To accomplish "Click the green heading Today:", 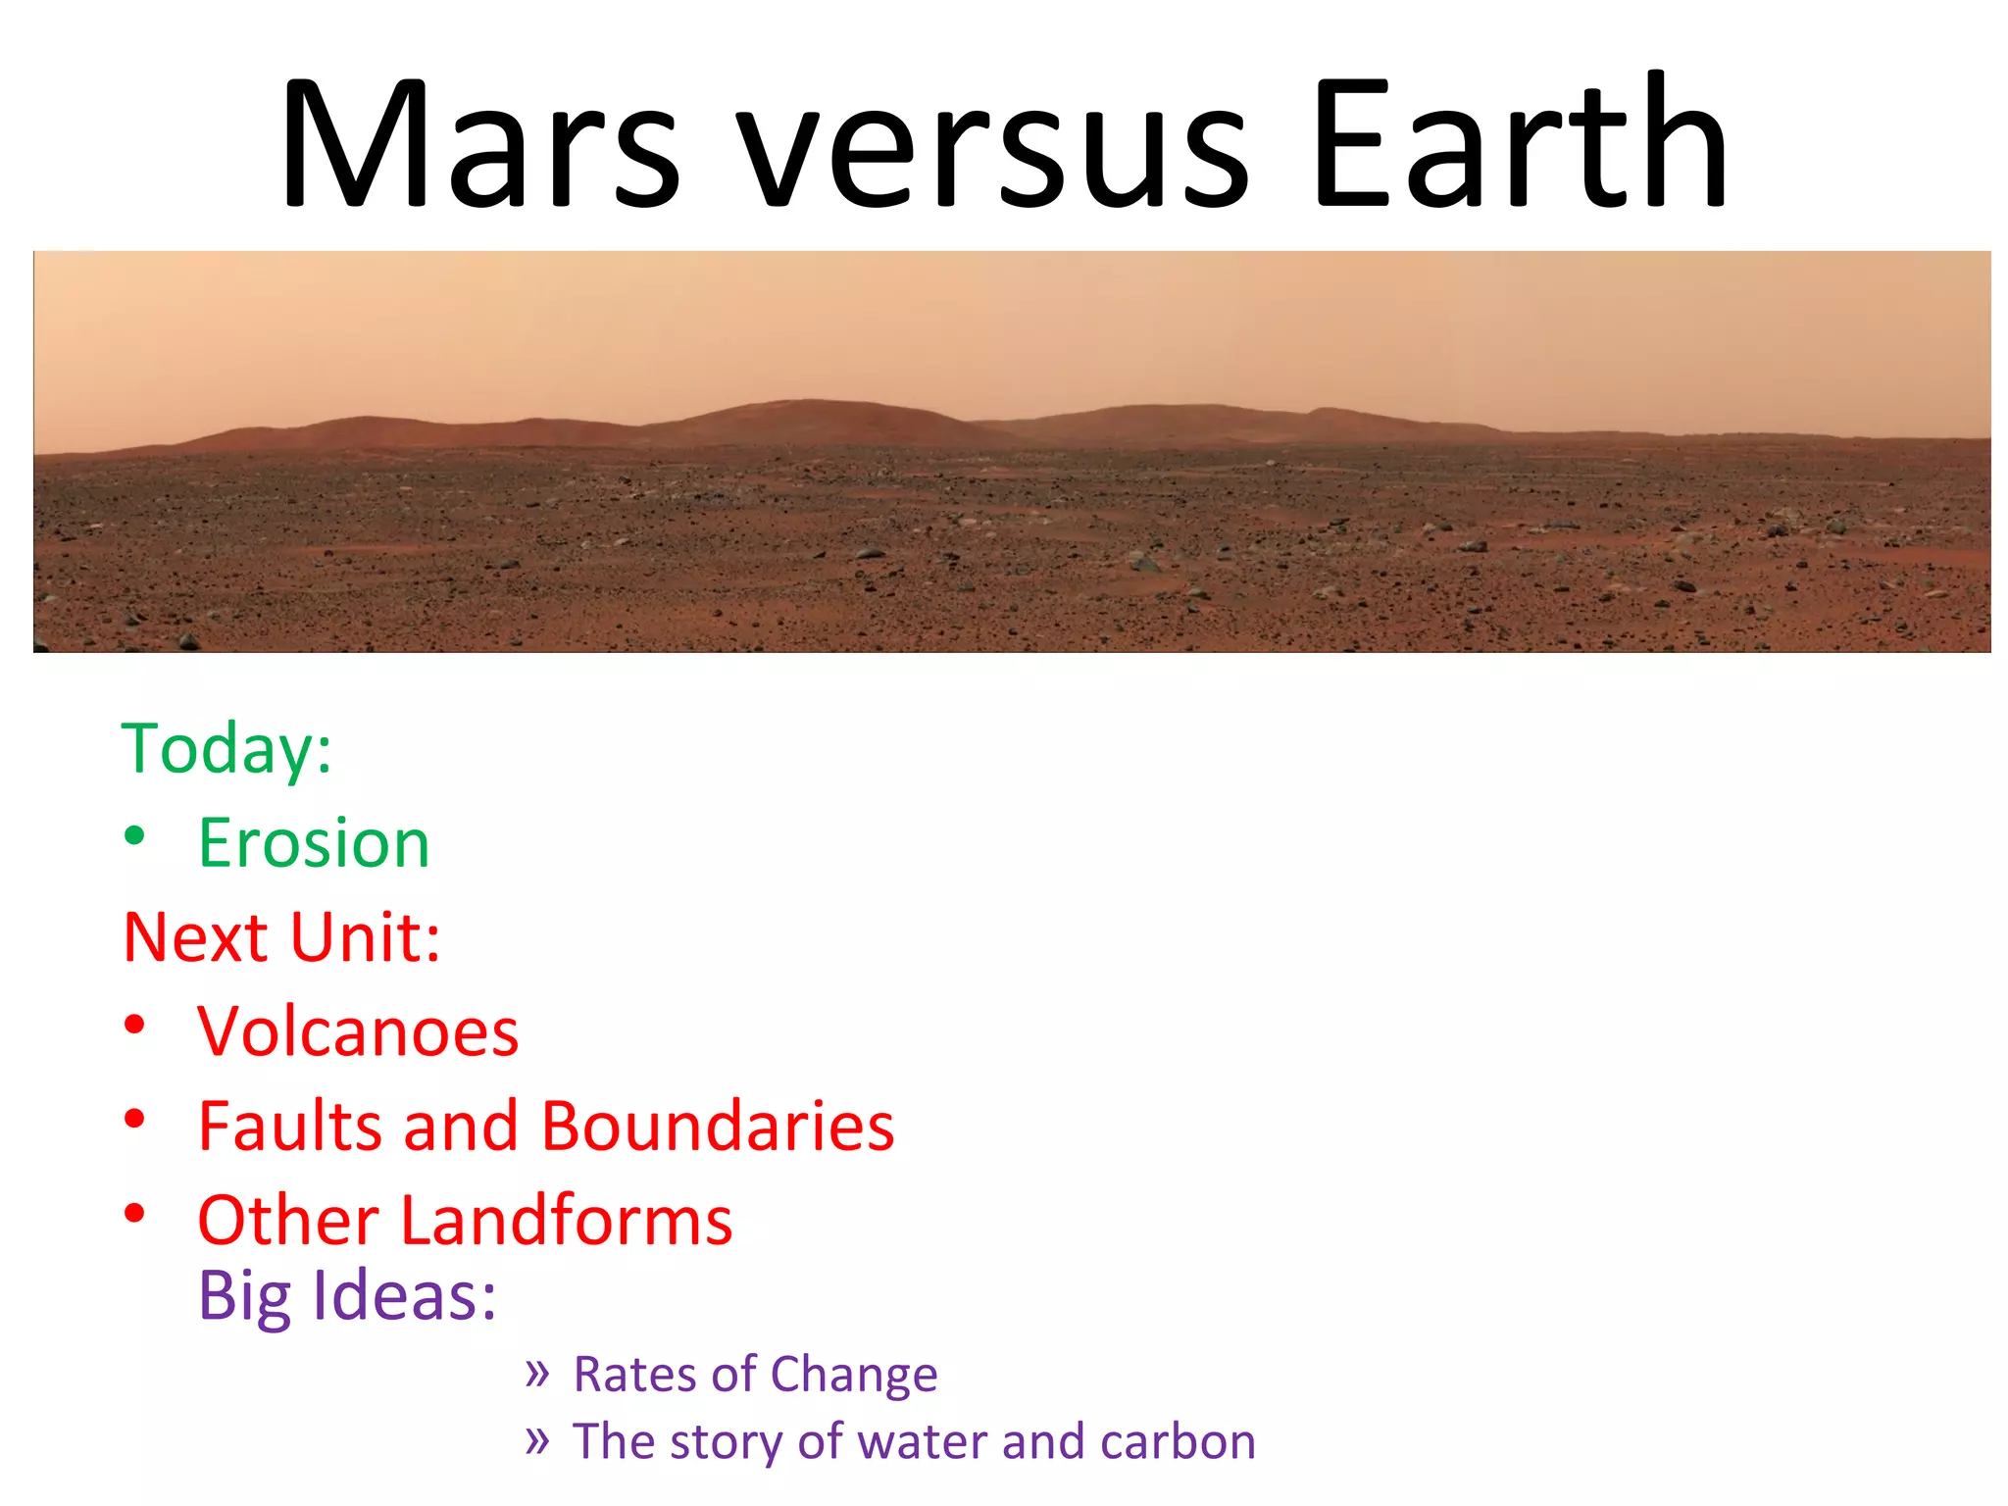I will click(x=226, y=749).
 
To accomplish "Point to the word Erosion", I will click(x=314, y=843).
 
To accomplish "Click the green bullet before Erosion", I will click(x=135, y=836).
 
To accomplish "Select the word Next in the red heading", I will click(x=195, y=937).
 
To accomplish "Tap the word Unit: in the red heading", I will click(x=365, y=937).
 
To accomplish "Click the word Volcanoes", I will click(x=358, y=1031).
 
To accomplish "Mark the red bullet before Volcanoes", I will click(x=135, y=1025).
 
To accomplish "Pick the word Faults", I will click(x=289, y=1126).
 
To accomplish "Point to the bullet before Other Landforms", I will click(x=135, y=1213).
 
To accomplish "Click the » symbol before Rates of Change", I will click(x=536, y=1373).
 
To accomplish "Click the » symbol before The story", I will click(x=536, y=1440).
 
